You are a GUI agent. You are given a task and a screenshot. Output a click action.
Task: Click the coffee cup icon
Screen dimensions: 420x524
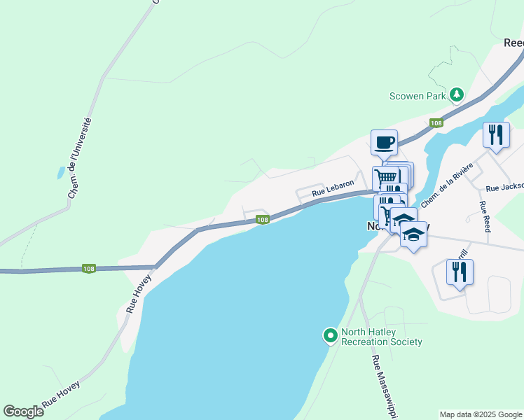point(384,142)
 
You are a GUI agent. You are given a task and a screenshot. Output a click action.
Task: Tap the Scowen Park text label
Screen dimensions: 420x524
point(418,96)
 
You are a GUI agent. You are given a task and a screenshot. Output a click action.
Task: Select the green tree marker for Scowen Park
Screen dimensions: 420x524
point(457,94)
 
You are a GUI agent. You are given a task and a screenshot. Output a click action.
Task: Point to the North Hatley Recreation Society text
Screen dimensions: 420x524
point(381,337)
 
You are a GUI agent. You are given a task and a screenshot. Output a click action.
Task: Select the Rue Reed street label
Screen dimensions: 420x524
point(483,217)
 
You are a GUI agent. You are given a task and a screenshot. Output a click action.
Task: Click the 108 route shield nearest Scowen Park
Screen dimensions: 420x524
point(437,123)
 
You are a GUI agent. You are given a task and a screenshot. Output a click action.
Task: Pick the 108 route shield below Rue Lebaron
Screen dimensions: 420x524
point(262,220)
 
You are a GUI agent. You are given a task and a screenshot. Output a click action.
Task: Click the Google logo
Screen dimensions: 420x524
point(23,412)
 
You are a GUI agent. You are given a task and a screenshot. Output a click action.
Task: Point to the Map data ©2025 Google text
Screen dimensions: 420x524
point(480,414)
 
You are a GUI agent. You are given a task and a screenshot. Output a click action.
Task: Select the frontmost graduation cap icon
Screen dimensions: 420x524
point(413,236)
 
